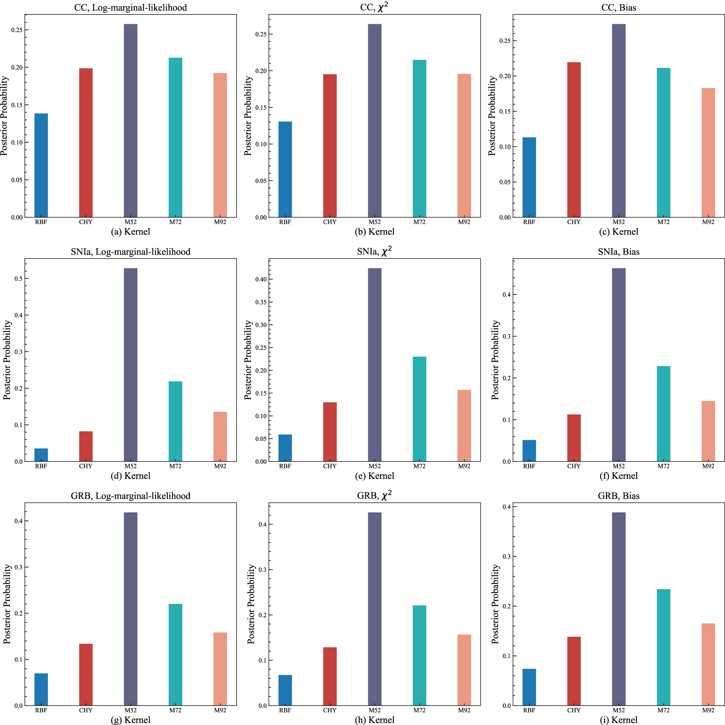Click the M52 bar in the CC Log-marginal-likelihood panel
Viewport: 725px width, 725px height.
[x=130, y=120]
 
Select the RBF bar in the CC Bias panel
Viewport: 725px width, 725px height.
[x=529, y=177]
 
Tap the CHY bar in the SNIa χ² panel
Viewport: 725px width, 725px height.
[x=330, y=432]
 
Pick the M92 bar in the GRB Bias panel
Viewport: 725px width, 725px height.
[x=708, y=664]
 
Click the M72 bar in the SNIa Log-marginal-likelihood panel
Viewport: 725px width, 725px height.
[x=175, y=421]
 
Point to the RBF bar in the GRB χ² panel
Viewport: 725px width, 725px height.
[x=285, y=690]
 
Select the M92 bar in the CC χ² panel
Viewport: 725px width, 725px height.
[x=464, y=145]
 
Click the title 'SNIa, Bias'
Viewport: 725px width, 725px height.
[x=618, y=252]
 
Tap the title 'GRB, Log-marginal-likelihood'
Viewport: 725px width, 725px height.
[x=130, y=496]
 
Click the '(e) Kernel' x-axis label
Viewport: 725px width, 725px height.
[x=375, y=476]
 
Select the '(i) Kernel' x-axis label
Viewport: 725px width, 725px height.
[x=618, y=720]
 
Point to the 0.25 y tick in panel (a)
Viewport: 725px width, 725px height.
[x=17, y=30]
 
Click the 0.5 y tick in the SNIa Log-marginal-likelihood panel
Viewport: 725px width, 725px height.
[x=18, y=279]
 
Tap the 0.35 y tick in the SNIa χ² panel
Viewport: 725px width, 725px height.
[x=261, y=302]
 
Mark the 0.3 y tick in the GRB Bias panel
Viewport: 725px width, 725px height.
[x=507, y=556]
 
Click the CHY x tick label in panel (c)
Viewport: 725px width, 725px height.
[x=574, y=222]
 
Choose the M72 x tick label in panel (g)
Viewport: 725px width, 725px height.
[x=175, y=710]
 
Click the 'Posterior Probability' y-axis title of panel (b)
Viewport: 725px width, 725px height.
[x=248, y=116]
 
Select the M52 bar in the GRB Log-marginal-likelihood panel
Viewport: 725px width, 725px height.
[x=130, y=609]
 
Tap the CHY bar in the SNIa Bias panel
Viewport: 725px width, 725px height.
[x=574, y=438]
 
